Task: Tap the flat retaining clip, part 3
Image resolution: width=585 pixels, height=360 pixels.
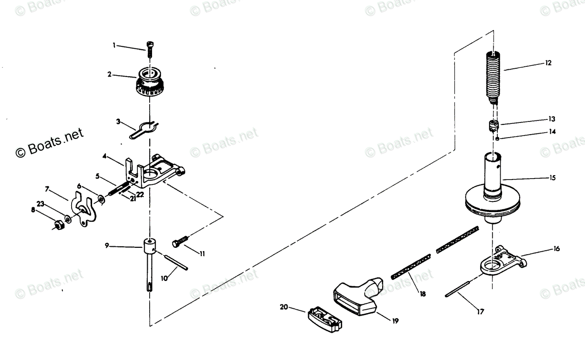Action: click(144, 129)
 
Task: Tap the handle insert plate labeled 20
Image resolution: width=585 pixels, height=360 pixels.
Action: click(324, 319)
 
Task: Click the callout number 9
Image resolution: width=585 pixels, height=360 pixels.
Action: click(107, 246)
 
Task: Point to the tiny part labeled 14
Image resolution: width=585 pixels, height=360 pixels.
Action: click(496, 139)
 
